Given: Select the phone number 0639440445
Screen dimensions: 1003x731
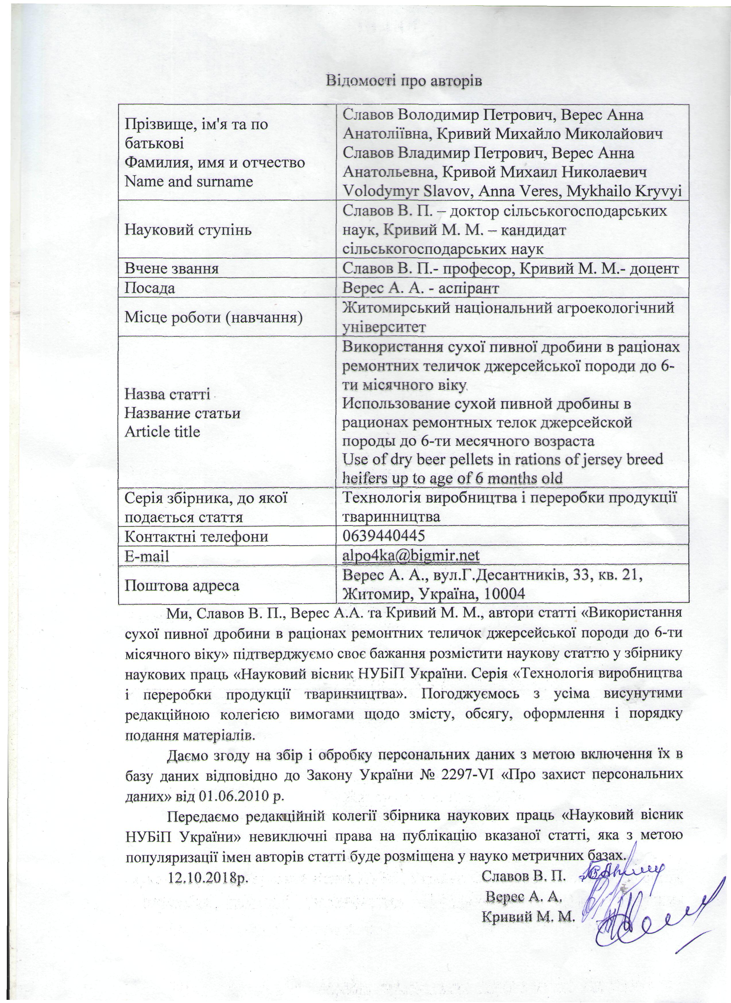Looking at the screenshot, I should (384, 536).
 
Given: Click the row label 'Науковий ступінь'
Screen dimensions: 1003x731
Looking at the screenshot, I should (188, 230).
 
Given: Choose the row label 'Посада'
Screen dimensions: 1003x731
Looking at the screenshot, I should (150, 288).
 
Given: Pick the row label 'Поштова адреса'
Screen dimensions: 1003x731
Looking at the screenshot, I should (182, 586).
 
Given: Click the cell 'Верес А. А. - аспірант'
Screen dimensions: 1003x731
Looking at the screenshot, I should (421, 288).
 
